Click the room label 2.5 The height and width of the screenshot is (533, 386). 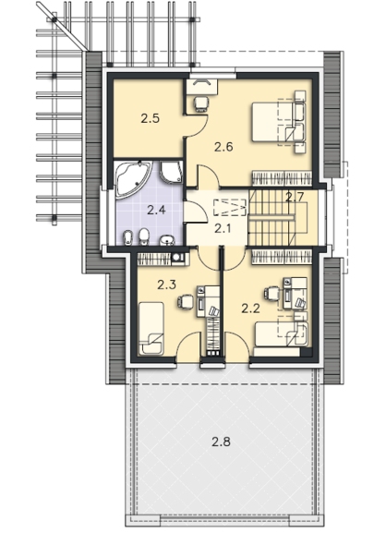coord(151,119)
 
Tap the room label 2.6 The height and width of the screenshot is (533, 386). coord(223,147)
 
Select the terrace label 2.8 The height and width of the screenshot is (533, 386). coord(221,442)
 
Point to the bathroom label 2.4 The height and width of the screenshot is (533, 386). coord(156,210)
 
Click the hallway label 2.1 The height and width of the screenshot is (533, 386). coord(223,228)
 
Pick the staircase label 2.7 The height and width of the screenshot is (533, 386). coord(295,198)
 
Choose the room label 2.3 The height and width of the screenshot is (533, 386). coord(166,285)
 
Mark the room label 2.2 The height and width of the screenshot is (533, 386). coord(251,309)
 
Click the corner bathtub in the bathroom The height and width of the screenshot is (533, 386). coord(133,177)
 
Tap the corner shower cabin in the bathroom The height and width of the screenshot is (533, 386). coord(172,173)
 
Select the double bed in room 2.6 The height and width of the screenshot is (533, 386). coord(279,122)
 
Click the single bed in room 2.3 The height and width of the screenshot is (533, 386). coord(151,328)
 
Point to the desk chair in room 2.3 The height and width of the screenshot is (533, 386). coord(186,301)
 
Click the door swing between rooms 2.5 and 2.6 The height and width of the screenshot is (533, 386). coord(197,126)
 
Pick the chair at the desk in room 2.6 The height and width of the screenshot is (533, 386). coord(200,104)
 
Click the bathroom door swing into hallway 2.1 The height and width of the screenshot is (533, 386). coord(196,212)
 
